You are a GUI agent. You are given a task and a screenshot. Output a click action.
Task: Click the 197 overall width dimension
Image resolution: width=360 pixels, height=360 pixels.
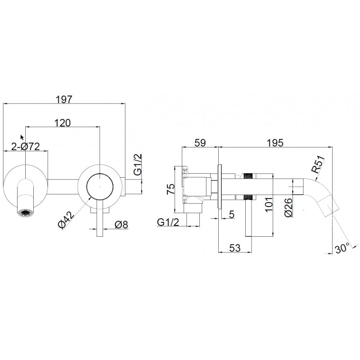[64, 99]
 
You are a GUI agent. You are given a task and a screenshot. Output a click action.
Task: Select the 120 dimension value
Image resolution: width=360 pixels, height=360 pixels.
[63, 123]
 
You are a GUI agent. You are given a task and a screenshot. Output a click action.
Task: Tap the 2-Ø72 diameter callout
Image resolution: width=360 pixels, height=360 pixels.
[26, 147]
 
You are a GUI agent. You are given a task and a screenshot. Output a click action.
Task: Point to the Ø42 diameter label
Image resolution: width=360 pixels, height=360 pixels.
[66, 220]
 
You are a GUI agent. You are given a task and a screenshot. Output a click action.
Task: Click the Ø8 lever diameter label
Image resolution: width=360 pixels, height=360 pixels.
[121, 225]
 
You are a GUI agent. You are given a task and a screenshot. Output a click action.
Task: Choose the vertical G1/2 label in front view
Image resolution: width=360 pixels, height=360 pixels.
[138, 165]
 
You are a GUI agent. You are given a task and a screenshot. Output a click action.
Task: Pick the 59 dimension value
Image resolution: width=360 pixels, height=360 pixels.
[200, 143]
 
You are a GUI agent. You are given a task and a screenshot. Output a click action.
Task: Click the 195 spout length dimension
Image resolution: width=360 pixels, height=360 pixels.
[275, 143]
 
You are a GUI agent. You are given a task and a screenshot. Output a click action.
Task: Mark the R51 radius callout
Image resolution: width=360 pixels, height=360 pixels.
[318, 164]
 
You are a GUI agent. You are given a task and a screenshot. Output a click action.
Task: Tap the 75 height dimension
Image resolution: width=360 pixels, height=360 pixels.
[171, 189]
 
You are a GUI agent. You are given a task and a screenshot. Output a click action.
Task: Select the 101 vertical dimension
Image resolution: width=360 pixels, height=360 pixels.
[269, 204]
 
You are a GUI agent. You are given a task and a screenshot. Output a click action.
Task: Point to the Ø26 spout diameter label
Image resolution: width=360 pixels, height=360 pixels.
[288, 207]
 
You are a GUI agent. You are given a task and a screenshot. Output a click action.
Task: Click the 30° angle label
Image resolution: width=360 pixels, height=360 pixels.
[342, 248]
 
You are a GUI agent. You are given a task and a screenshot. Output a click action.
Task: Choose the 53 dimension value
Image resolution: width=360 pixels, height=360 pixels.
[235, 248]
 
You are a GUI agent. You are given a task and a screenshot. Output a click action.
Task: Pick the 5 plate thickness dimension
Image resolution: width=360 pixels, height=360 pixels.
[232, 214]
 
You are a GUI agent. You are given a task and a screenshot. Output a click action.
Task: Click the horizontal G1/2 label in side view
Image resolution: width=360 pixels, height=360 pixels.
[168, 222]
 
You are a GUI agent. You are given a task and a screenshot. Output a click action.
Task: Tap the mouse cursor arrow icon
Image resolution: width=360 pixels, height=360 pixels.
[22, 138]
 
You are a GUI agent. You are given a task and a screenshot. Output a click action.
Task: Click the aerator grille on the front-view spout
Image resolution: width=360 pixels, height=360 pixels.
[26, 212]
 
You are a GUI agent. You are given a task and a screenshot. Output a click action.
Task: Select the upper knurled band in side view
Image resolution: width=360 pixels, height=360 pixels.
[248, 176]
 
